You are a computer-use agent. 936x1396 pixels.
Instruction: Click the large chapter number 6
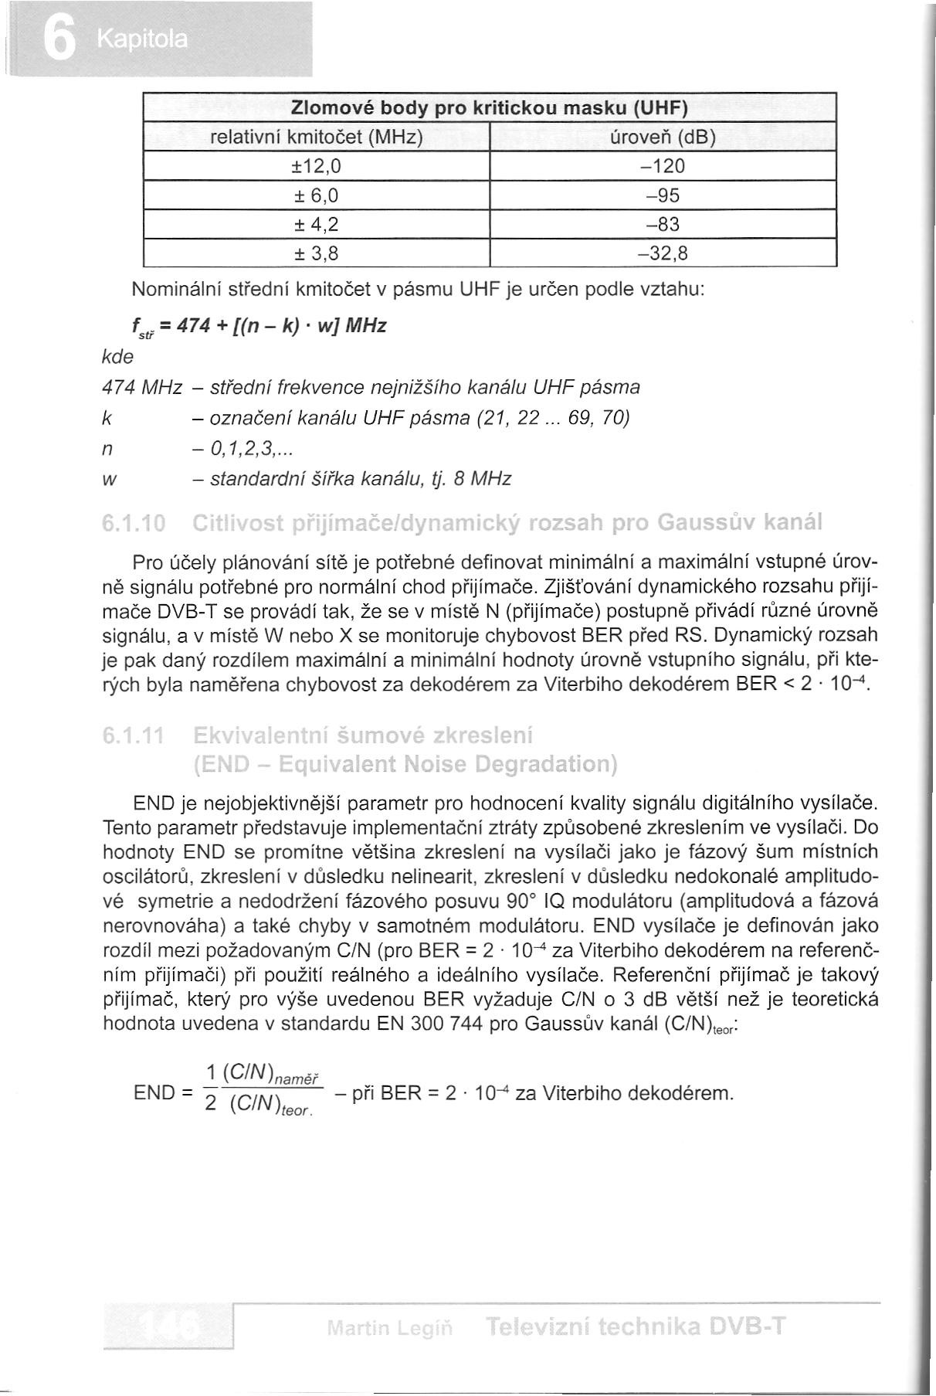coord(59,40)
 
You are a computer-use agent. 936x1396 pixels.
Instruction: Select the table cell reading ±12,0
coord(317,166)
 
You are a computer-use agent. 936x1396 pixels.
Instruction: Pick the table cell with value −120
coord(663,166)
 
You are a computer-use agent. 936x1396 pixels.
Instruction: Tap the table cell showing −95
coord(663,195)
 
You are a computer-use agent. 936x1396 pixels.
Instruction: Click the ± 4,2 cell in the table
coord(317,224)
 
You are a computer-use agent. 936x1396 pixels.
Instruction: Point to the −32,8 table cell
coord(663,253)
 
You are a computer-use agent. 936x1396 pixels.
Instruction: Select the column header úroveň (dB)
coord(663,138)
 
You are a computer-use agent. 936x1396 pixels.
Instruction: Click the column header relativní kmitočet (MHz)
coord(317,138)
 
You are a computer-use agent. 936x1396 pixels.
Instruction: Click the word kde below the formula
coord(118,356)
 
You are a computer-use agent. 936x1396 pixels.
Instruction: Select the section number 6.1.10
coord(133,524)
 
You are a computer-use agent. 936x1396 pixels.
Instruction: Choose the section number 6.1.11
coord(133,733)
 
